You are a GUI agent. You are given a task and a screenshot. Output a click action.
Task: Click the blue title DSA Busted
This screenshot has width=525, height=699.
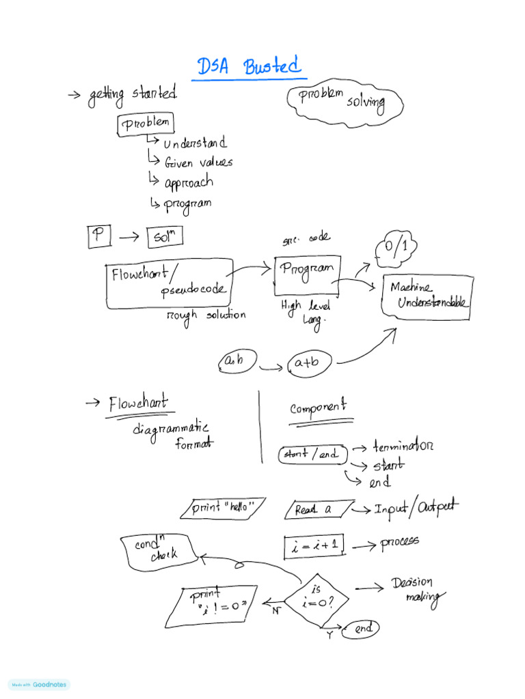pos(249,67)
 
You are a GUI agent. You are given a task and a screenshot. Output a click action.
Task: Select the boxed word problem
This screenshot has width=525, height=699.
pos(145,124)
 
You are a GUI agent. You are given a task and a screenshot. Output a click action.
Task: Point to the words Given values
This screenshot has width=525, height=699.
pos(198,162)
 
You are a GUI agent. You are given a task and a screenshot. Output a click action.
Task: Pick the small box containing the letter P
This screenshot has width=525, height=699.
pos(99,237)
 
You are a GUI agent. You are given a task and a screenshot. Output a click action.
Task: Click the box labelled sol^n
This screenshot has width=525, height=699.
pos(164,238)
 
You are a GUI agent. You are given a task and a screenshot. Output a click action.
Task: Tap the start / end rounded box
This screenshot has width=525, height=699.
pos(311,455)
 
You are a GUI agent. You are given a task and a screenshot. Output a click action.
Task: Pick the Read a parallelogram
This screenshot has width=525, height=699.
pos(318,509)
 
